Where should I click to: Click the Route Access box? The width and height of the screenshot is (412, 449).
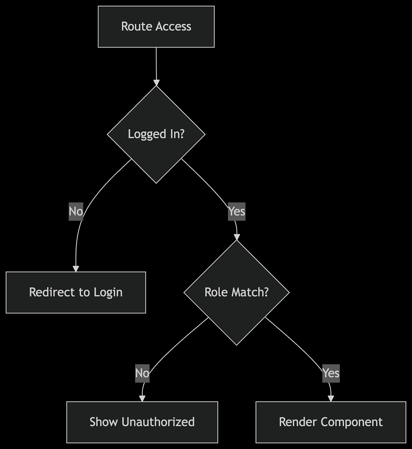coord(156,27)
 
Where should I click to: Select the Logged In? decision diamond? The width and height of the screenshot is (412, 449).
coord(156,134)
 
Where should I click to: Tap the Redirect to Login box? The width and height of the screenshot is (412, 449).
coord(76,292)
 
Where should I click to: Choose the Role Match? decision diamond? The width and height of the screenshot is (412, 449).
coord(237,292)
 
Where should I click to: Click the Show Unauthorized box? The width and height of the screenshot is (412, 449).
coord(142,422)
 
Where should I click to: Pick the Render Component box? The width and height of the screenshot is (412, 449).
coord(331,422)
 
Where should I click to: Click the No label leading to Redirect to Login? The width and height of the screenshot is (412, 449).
coord(76,211)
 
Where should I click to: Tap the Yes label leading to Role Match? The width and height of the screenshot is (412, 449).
coord(237,211)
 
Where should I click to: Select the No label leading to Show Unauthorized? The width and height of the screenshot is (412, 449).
coord(142,373)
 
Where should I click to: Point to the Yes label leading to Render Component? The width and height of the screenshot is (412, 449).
coord(331,373)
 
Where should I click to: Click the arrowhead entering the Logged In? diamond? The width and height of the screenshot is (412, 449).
coord(157,83)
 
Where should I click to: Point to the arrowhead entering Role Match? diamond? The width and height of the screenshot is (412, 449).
coord(237,237)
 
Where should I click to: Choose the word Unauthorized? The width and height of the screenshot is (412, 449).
coord(158,422)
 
